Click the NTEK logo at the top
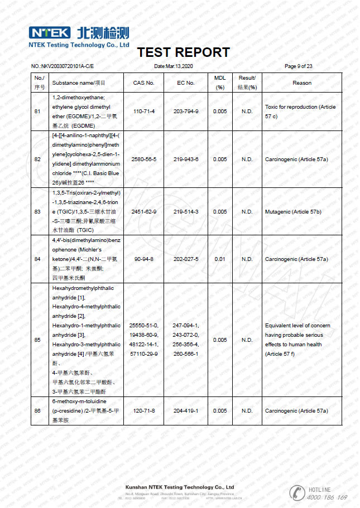tap(50, 32)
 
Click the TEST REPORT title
tap(183, 52)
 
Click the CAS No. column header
tap(143, 83)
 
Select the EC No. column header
tap(186, 83)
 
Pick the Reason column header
tap(302, 83)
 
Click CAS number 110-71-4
tap(143, 112)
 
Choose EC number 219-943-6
tap(186, 159)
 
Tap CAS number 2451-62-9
tap(143, 212)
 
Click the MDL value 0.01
tap(220, 259)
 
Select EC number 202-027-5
tap(186, 259)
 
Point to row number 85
tap(37, 340)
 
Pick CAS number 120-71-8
tap(143, 411)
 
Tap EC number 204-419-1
tap(186, 411)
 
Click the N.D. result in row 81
tap(247, 112)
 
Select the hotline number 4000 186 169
tap(327, 497)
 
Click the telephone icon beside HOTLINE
tap(296, 492)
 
